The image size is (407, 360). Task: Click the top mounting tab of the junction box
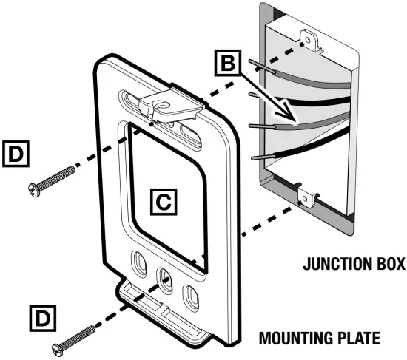pos(309,37)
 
